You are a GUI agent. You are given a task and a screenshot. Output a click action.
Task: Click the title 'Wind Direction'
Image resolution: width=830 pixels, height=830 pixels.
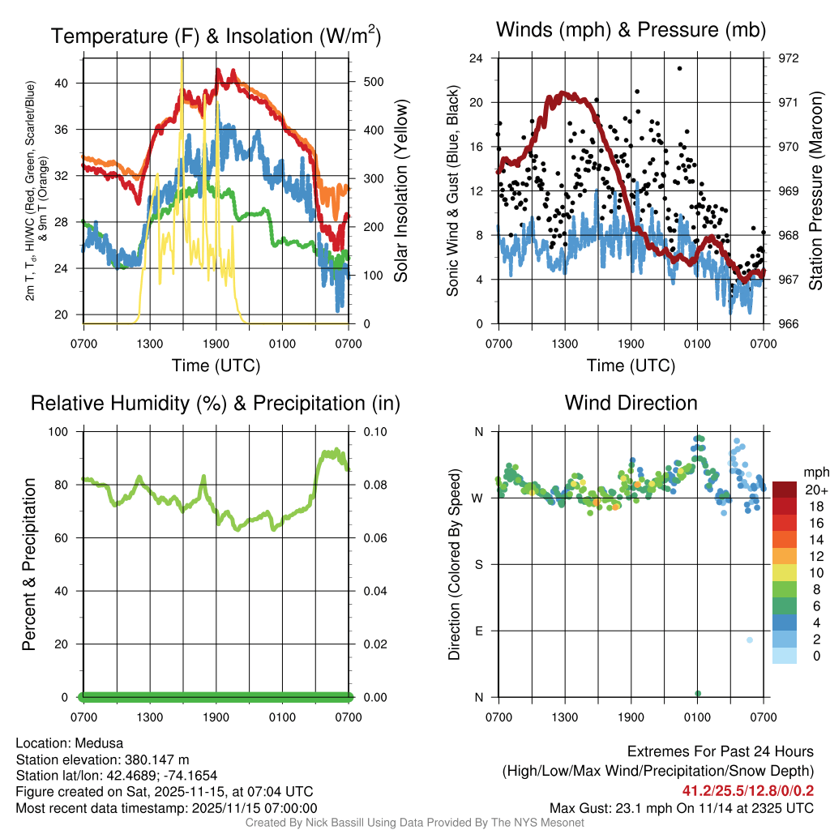coord(631,403)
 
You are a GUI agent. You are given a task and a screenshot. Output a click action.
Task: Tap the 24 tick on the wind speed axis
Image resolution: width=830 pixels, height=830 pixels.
coord(477,58)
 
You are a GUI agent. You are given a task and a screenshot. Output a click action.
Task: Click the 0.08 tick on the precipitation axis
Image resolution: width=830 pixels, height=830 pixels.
coord(372,485)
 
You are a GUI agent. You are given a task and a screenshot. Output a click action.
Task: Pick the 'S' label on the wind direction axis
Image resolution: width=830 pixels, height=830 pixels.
coord(478,564)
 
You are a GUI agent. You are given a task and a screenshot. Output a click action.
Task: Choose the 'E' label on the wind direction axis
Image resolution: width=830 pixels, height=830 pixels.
coord(478,631)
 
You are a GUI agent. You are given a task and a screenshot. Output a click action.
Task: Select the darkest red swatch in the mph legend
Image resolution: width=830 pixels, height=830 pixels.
coord(786,490)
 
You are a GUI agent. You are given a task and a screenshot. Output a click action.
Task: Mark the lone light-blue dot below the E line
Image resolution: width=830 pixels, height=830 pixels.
coord(750,640)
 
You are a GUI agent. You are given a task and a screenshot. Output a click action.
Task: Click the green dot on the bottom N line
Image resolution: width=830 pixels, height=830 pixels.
coord(698,693)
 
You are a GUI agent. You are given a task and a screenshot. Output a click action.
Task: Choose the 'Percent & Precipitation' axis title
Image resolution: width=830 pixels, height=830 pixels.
coord(29,564)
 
